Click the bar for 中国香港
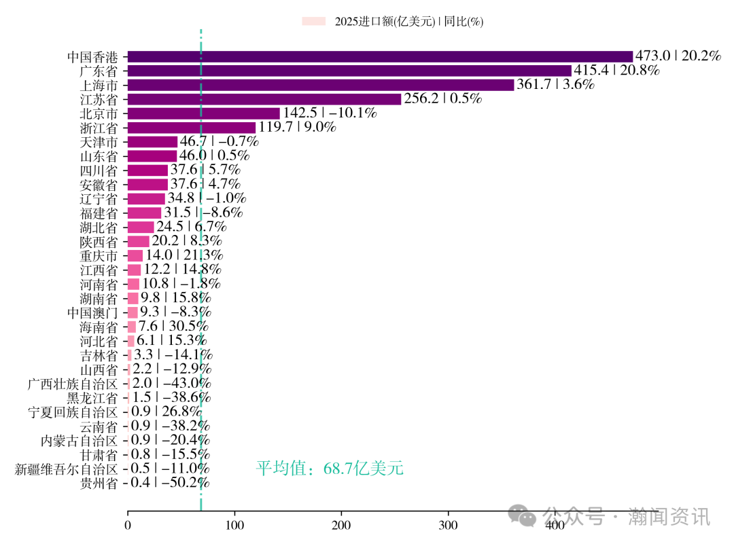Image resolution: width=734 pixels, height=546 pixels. pyautogui.click(x=380, y=56)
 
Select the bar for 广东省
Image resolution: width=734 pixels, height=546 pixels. pyautogui.click(x=349, y=71)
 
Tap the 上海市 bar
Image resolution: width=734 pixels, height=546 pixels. pyautogui.click(x=321, y=85)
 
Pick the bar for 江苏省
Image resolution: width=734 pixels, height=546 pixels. pyautogui.click(x=264, y=99)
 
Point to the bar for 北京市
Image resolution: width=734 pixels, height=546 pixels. pyautogui.click(x=204, y=113)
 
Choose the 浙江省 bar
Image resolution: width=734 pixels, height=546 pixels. pyautogui.click(x=192, y=128)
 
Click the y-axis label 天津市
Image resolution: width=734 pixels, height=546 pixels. pyautogui.click(x=99, y=142)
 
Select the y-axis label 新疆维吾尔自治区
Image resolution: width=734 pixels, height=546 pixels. pyautogui.click(x=66, y=469)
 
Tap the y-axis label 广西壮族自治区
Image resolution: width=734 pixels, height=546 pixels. pyautogui.click(x=73, y=384)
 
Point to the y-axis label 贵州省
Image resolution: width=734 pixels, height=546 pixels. pyautogui.click(x=99, y=483)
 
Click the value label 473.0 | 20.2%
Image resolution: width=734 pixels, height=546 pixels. pyautogui.click(x=678, y=56)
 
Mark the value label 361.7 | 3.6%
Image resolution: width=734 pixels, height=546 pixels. pyautogui.click(x=556, y=85)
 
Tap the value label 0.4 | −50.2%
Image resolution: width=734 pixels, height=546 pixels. pyautogui.click(x=170, y=483)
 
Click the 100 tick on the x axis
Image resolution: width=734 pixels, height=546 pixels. pyautogui.click(x=234, y=525)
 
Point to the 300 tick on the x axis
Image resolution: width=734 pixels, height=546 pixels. pyautogui.click(x=448, y=525)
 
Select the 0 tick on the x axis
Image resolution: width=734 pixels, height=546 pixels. pyautogui.click(x=128, y=525)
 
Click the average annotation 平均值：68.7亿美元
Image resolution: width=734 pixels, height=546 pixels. pyautogui.click(x=330, y=468)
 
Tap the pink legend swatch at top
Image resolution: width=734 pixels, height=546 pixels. pyautogui.click(x=314, y=22)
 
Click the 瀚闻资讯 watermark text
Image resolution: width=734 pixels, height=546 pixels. pyautogui.click(x=669, y=517)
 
